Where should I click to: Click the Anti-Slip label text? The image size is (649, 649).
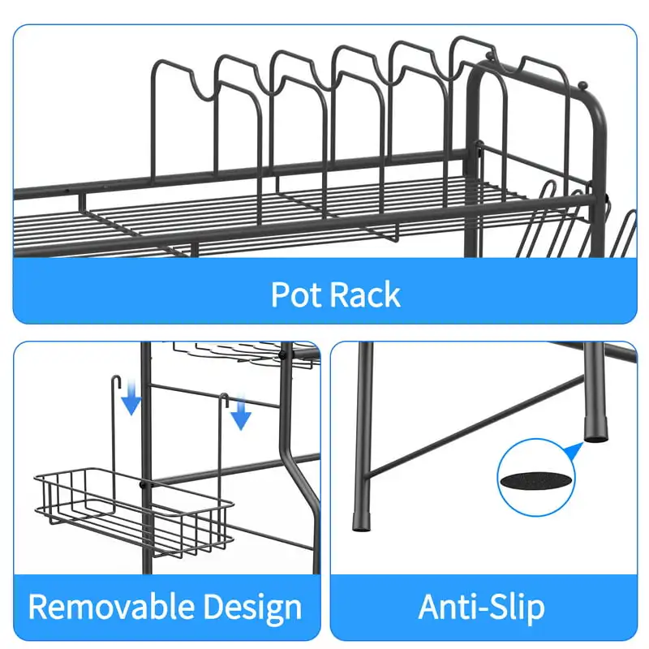click(x=482, y=607)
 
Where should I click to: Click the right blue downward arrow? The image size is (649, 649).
click(x=239, y=416)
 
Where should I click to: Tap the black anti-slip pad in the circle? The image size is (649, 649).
click(x=536, y=479)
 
